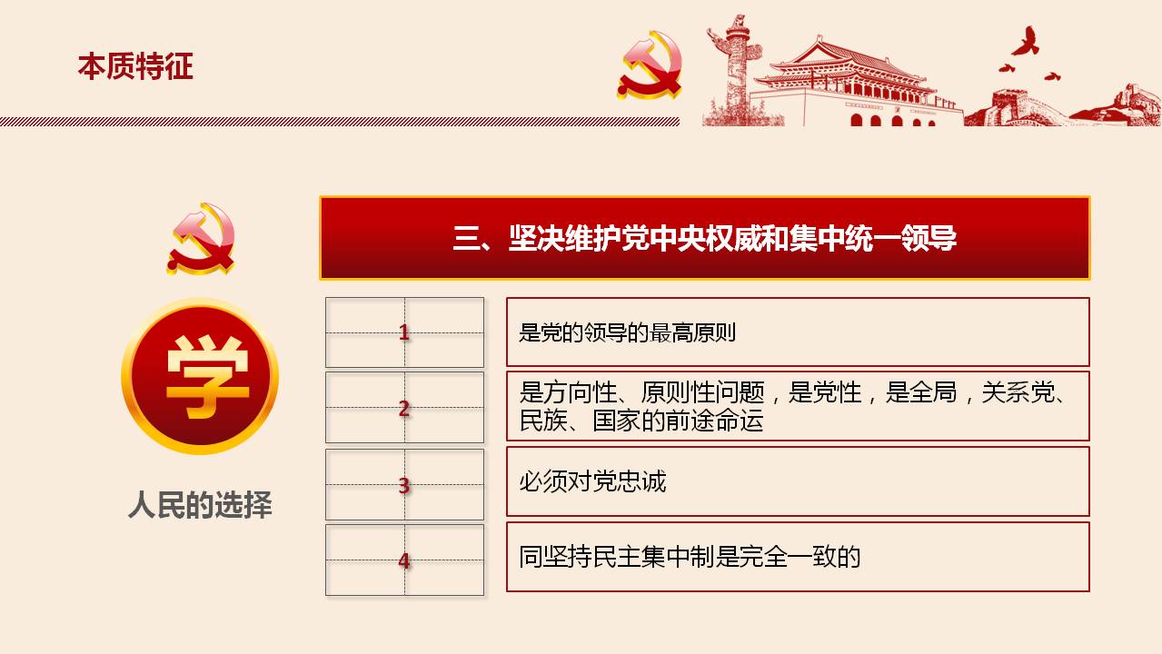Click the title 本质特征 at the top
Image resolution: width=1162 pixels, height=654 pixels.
pos(135,66)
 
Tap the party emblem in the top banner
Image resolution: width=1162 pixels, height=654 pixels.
pos(650,65)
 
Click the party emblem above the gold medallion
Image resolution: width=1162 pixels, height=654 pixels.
pos(202,239)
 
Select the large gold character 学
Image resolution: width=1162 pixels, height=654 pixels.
pos(207,377)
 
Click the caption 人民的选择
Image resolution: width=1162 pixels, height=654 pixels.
pos(200,505)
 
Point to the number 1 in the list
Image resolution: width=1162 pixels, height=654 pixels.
pos(404,332)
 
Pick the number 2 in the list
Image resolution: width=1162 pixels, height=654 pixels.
pos(404,409)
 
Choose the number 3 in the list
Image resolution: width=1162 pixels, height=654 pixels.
pos(404,485)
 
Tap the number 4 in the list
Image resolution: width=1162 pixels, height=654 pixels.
pos(404,560)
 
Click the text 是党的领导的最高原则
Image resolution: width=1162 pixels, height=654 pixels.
pos(627,332)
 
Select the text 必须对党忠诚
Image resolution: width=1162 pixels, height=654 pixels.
pos(592,481)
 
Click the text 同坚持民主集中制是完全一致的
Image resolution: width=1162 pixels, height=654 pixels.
pos(690,557)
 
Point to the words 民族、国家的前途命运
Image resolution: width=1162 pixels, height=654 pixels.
pos(641,421)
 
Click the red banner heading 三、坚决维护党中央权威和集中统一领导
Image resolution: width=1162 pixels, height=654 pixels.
pos(704,239)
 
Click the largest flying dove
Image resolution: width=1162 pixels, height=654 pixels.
pos(1026,42)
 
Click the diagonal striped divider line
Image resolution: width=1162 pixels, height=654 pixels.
pos(340,122)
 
